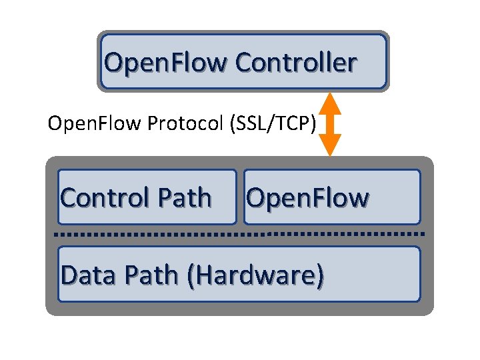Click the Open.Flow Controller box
click(x=243, y=61)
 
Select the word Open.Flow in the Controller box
click(x=167, y=63)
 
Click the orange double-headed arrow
click(x=329, y=124)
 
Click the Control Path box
click(x=147, y=197)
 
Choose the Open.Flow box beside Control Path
click(x=332, y=197)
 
